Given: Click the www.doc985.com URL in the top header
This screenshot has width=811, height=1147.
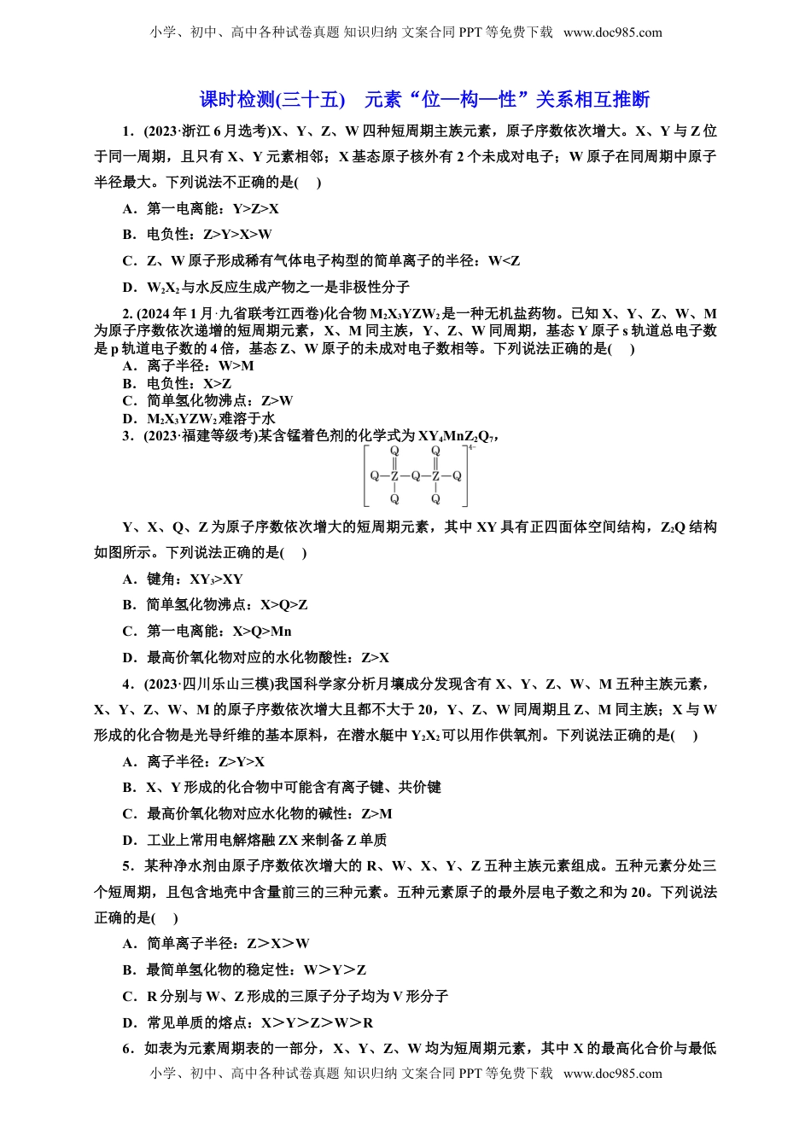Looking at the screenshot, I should tap(612, 32).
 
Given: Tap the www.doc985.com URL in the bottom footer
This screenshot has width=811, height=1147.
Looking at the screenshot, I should tap(612, 1074).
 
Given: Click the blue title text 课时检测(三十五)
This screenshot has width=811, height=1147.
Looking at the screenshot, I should tap(272, 100).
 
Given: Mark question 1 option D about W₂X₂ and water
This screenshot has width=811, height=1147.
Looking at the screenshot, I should tap(265, 287).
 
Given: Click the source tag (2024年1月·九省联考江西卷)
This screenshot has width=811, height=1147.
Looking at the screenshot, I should tap(225, 313).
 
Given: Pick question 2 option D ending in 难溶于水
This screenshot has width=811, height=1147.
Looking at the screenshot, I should tap(199, 418).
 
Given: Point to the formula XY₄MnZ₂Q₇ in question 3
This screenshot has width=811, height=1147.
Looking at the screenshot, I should tap(453, 436).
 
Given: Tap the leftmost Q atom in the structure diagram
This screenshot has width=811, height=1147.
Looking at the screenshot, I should tap(373, 475).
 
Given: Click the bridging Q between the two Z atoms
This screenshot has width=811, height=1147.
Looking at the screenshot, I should tap(415, 475).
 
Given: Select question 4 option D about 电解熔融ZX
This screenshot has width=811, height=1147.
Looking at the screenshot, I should tap(255, 840).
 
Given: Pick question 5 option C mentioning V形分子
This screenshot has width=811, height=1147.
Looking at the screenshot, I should tap(285, 996).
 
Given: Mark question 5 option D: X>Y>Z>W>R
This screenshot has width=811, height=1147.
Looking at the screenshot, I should tap(260, 1022).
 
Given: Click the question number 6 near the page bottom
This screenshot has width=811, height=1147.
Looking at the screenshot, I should tap(127, 1048).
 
